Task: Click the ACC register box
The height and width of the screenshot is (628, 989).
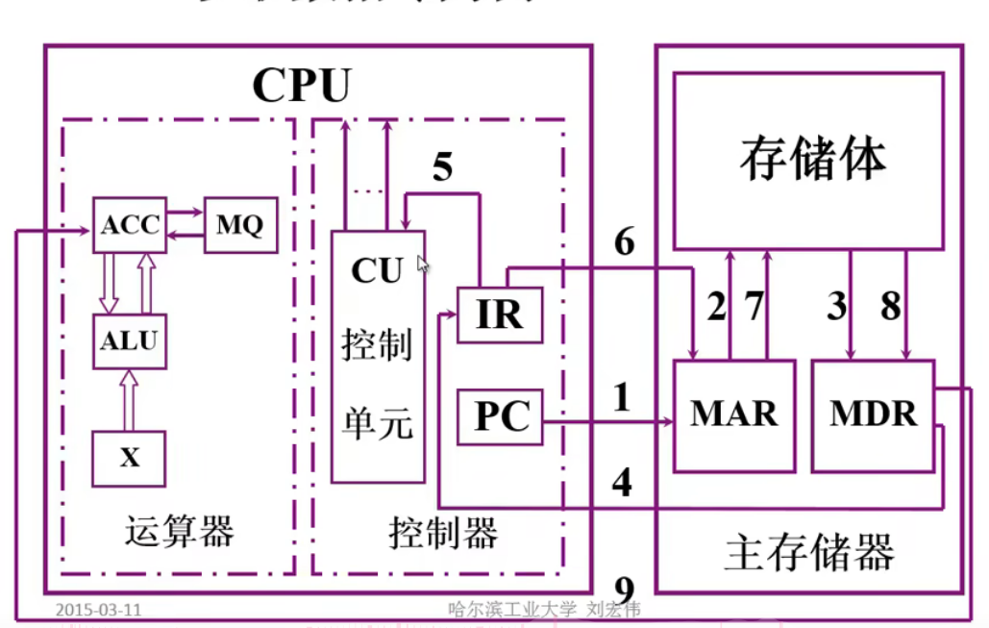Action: (x=130, y=225)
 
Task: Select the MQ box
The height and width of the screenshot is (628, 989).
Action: (x=239, y=225)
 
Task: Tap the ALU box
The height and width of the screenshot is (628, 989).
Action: (x=130, y=340)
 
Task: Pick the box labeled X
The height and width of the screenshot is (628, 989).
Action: (x=130, y=458)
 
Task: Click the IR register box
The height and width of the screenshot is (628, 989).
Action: (x=499, y=314)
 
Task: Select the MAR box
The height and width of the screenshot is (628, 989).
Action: (x=734, y=415)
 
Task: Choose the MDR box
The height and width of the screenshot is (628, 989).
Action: (x=873, y=415)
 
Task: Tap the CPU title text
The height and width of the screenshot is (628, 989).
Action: (x=301, y=86)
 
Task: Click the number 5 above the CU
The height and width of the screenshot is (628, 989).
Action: (x=441, y=167)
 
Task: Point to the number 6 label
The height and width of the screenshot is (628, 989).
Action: (x=625, y=242)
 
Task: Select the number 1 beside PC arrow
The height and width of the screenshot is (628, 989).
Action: (x=622, y=396)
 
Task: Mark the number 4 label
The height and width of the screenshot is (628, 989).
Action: (x=622, y=483)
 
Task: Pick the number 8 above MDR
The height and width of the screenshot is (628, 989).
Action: (x=891, y=307)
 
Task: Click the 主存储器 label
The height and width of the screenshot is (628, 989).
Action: (x=809, y=554)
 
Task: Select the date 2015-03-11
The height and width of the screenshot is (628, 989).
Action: (x=99, y=610)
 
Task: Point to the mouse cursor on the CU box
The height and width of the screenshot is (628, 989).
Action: (x=422, y=264)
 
